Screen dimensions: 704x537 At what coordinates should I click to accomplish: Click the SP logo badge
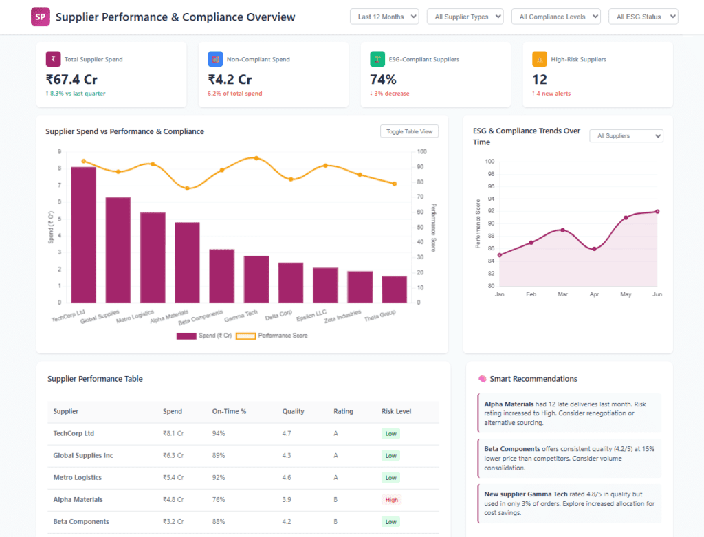coord(41,17)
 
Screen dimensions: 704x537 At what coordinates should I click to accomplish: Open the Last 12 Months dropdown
coord(384,17)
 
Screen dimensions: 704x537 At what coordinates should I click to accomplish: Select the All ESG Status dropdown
coord(643,17)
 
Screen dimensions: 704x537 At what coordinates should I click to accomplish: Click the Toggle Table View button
coord(409,131)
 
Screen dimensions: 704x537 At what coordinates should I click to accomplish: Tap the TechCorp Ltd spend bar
coord(83,235)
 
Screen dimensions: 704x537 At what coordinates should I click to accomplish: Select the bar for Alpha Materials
coord(187,263)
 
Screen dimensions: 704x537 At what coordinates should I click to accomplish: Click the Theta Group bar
coord(394,289)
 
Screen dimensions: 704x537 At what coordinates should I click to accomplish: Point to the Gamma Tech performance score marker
coord(256,158)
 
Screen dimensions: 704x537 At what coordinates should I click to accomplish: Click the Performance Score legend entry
coord(272,336)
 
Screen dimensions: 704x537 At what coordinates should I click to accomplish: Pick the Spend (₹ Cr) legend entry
coord(204,336)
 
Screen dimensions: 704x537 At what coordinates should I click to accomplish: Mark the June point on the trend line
coord(657,212)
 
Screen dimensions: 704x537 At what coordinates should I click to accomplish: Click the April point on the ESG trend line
coord(595,249)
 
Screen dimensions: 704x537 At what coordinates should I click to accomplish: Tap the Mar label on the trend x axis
coord(562,294)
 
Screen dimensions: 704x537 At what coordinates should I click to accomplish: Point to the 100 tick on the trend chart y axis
coord(489,161)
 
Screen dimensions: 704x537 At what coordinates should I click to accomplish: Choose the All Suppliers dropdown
coord(626,135)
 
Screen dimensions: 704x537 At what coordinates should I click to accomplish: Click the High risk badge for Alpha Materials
coord(391,500)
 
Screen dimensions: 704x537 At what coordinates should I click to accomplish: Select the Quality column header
coord(293,411)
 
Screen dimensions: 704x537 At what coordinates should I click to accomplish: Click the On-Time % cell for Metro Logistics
coord(219,478)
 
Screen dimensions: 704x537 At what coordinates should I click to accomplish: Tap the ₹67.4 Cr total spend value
coord(71,80)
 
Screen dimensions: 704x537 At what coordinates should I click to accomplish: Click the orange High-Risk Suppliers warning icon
coord(540,59)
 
